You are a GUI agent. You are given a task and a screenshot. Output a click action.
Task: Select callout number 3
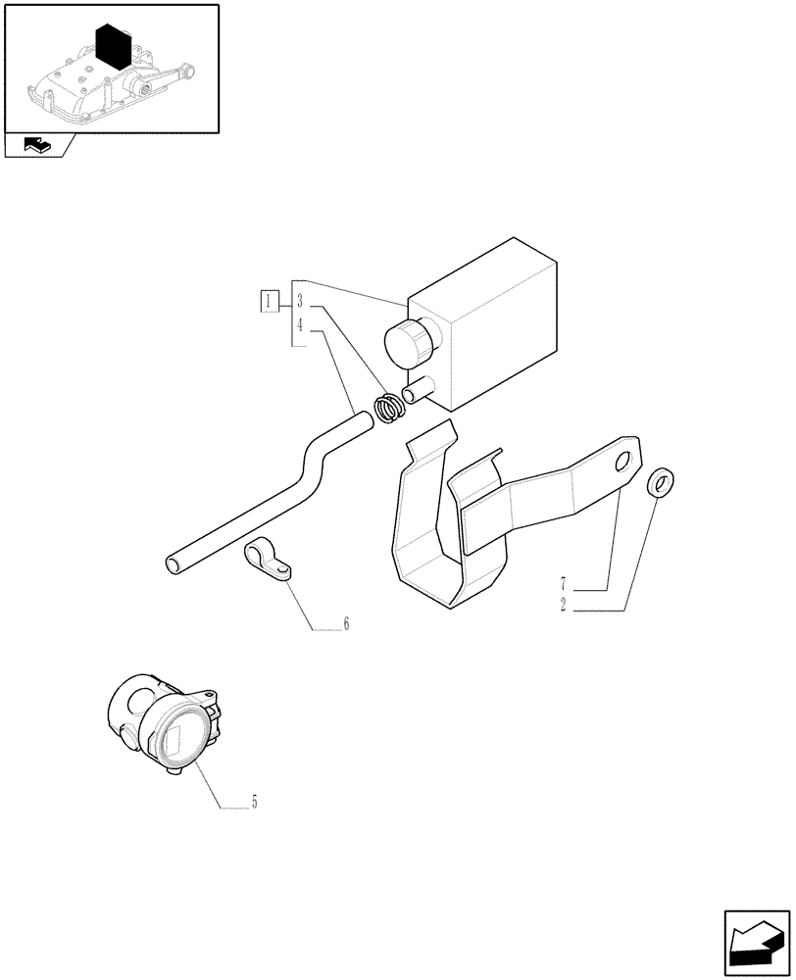[300, 301]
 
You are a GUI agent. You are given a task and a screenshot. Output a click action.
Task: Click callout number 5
[254, 803]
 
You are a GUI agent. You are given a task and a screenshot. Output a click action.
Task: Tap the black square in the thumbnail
[115, 45]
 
